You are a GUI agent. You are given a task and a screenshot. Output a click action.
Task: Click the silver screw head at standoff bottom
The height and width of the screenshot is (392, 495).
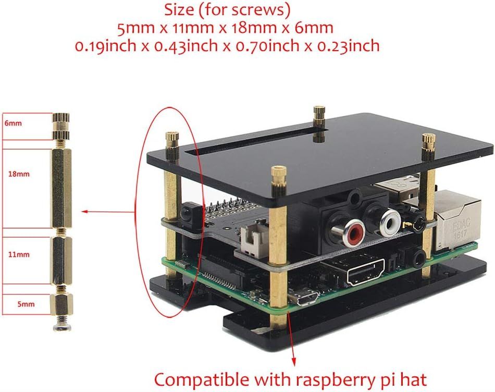[x=61, y=326]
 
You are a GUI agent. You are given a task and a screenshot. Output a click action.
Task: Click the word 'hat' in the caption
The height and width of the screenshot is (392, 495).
[x=415, y=377]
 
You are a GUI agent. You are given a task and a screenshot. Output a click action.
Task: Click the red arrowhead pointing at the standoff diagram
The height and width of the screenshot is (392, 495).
[x=84, y=212]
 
